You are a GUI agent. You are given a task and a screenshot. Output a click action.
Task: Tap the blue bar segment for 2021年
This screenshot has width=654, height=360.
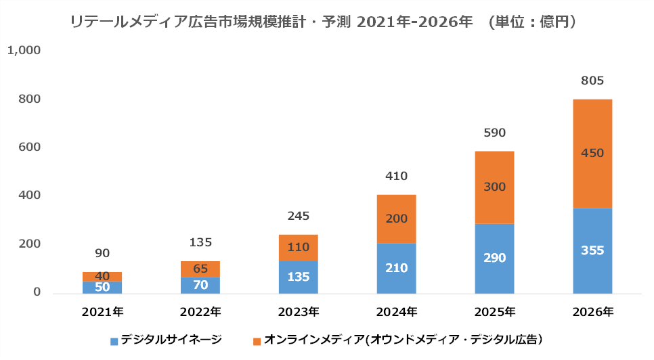click(102, 287)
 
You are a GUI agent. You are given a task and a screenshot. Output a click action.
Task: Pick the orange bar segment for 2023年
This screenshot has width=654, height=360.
click(298, 247)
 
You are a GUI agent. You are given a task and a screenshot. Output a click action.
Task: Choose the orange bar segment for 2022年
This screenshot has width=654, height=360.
click(200, 269)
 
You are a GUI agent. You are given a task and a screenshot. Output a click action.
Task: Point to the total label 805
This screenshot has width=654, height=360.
click(592, 81)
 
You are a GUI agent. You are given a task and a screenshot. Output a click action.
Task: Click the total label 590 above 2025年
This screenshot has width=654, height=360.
click(494, 133)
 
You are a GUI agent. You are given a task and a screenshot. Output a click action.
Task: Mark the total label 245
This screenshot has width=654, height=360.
click(298, 217)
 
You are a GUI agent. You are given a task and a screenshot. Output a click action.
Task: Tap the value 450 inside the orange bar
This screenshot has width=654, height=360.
click(592, 153)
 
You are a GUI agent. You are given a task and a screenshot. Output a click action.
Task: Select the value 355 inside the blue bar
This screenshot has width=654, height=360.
click(592, 250)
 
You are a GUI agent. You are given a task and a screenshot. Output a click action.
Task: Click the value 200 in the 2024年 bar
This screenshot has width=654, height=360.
click(396, 219)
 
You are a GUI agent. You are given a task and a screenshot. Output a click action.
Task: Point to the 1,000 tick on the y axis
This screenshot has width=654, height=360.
click(24, 50)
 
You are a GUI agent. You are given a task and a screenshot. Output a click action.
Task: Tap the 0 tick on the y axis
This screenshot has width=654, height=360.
click(37, 293)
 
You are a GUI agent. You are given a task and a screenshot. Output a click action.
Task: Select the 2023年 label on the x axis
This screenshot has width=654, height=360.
click(298, 312)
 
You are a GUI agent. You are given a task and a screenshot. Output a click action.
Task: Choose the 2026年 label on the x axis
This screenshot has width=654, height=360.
click(592, 312)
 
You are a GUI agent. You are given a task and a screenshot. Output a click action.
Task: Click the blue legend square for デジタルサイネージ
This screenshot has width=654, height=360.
click(114, 339)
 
